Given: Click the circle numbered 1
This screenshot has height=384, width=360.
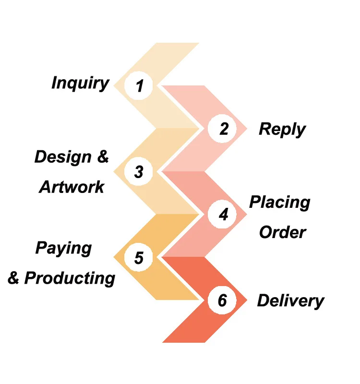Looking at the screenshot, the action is [139, 86].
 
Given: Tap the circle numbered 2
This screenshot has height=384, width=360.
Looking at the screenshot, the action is [223, 129].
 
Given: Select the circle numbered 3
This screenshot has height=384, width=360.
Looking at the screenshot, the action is [139, 172].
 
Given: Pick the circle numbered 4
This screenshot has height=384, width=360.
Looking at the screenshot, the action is [223, 215].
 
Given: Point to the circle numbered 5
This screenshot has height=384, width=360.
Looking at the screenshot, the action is [139, 258].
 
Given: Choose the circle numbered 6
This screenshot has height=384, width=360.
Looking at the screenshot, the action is [222, 300].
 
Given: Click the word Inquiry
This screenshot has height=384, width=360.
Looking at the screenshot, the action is [80, 83].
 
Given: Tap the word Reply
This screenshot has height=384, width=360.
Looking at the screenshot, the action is [282, 130].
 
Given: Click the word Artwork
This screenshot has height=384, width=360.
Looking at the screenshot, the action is [72, 187].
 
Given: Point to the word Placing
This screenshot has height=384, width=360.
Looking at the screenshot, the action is [279, 203].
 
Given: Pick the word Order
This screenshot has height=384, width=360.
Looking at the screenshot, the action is [282, 232].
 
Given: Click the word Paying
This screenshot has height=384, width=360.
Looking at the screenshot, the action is [63, 248].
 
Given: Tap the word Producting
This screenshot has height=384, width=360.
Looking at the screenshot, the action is [70, 278].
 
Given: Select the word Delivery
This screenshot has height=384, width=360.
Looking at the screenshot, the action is [290, 301].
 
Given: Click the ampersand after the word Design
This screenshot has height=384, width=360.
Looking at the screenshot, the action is [103, 157].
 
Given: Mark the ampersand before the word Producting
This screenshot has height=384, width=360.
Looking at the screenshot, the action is [14, 278].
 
